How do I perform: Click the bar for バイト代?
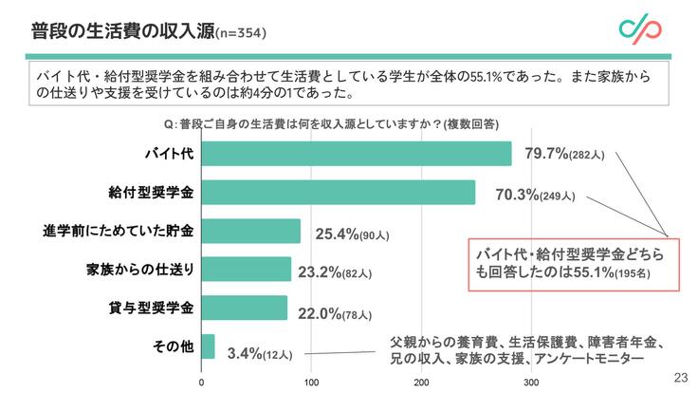tap(357, 154)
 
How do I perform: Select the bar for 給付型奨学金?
tap(339, 193)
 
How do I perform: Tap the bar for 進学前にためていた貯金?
tap(251, 231)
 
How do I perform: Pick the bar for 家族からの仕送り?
tap(247, 270)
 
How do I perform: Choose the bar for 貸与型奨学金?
tap(245, 308)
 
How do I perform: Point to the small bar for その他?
tap(209, 346)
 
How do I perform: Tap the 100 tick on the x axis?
tap(312, 383)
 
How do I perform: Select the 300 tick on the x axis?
tap(532, 383)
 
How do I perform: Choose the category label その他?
tap(173, 346)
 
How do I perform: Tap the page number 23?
tap(680, 377)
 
